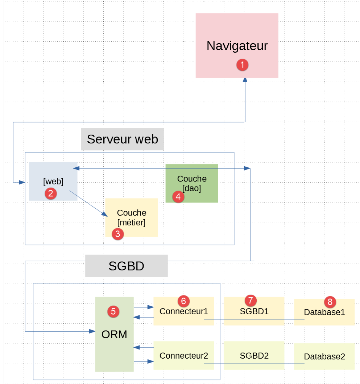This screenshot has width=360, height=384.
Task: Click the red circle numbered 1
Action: pos(242,65)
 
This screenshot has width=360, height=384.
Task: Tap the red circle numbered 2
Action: pos(50,193)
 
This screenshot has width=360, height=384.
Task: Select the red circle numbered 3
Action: pos(117,234)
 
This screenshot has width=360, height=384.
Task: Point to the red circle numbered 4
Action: pos(178,197)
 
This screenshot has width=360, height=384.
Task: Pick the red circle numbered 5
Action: pos(114,311)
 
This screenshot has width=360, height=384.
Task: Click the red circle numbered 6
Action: pos(183,301)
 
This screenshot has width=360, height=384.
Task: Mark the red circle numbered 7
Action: pos(251,300)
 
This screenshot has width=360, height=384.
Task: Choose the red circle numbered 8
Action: pos(330,301)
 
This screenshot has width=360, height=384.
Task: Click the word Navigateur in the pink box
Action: pos(237,46)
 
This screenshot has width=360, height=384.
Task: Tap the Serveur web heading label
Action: pos(123,139)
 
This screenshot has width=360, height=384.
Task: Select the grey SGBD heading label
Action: pos(126,266)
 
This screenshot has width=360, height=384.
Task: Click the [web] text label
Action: pos(53,182)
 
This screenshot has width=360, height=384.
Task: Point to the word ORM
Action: pos(114,334)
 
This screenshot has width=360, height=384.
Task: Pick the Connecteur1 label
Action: pos(183,311)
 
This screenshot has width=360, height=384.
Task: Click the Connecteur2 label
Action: pos(183,356)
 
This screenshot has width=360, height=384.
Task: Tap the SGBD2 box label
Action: pos(254,356)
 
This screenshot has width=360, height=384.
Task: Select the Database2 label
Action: pos(324,356)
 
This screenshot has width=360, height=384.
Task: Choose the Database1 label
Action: pos(324,312)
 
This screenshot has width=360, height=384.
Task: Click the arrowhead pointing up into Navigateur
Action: pos(245,80)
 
